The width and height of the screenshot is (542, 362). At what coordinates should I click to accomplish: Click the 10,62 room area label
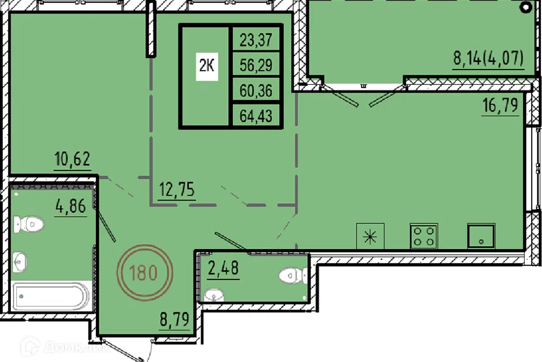72,158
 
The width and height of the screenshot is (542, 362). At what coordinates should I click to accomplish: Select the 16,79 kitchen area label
500,105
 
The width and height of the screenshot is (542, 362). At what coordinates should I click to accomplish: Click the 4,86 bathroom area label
71,206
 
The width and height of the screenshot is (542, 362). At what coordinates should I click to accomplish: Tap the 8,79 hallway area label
174,318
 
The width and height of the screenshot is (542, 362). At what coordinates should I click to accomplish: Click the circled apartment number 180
144,272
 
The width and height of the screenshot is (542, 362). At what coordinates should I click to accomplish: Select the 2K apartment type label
207,66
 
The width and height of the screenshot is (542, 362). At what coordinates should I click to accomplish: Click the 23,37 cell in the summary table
256,40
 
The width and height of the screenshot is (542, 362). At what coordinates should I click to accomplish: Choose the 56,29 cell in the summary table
256,65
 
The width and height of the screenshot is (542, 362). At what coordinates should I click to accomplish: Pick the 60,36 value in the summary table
256,90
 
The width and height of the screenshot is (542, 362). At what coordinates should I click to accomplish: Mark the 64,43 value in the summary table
256,116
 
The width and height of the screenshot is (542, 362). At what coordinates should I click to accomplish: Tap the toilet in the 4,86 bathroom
29,224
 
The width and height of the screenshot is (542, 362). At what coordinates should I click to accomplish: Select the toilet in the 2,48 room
293,276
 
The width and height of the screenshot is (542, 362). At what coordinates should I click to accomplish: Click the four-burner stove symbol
424,236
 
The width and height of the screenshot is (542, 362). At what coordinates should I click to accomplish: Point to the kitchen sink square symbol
481,236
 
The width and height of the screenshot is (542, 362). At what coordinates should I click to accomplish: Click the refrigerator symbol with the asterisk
370,236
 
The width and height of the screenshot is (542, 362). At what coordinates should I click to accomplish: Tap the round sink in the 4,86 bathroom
20,262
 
